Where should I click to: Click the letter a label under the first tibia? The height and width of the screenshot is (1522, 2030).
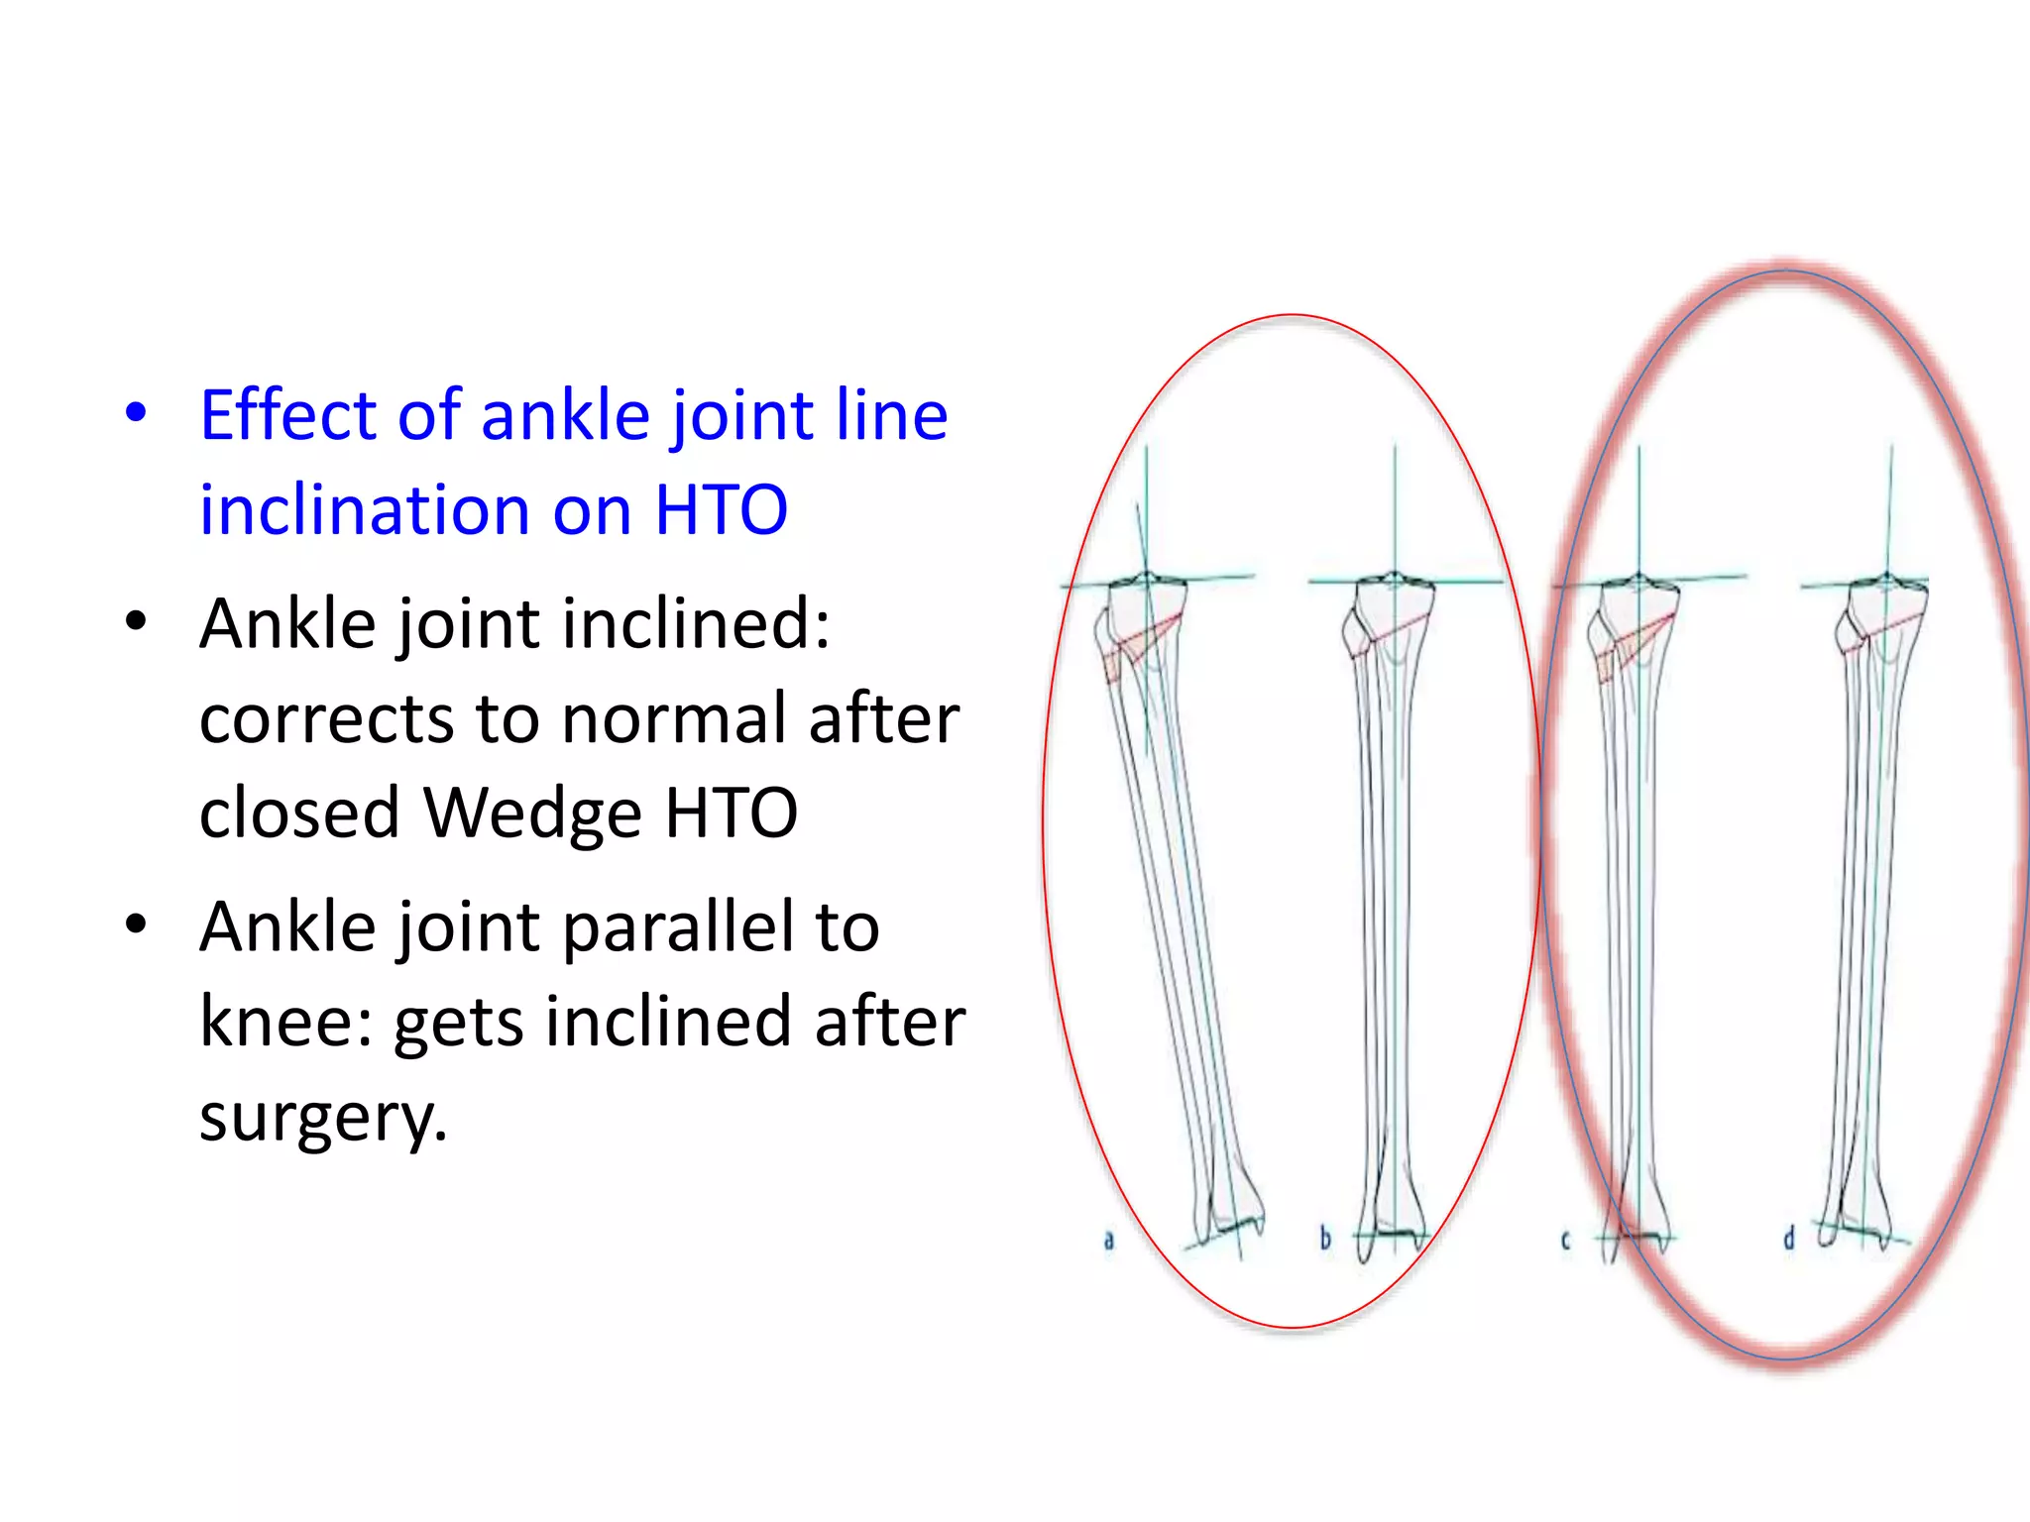(1109, 1239)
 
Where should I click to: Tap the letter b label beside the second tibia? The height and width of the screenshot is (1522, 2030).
(1325, 1238)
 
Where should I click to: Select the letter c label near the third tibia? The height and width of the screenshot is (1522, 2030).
(1565, 1240)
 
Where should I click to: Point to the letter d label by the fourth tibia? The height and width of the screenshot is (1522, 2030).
(1788, 1238)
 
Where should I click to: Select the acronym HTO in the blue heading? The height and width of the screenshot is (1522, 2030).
(721, 510)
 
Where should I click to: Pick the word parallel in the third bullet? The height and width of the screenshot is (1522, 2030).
(679, 927)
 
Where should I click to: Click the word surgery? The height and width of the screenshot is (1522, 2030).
(323, 1117)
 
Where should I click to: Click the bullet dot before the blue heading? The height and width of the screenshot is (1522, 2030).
(137, 413)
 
